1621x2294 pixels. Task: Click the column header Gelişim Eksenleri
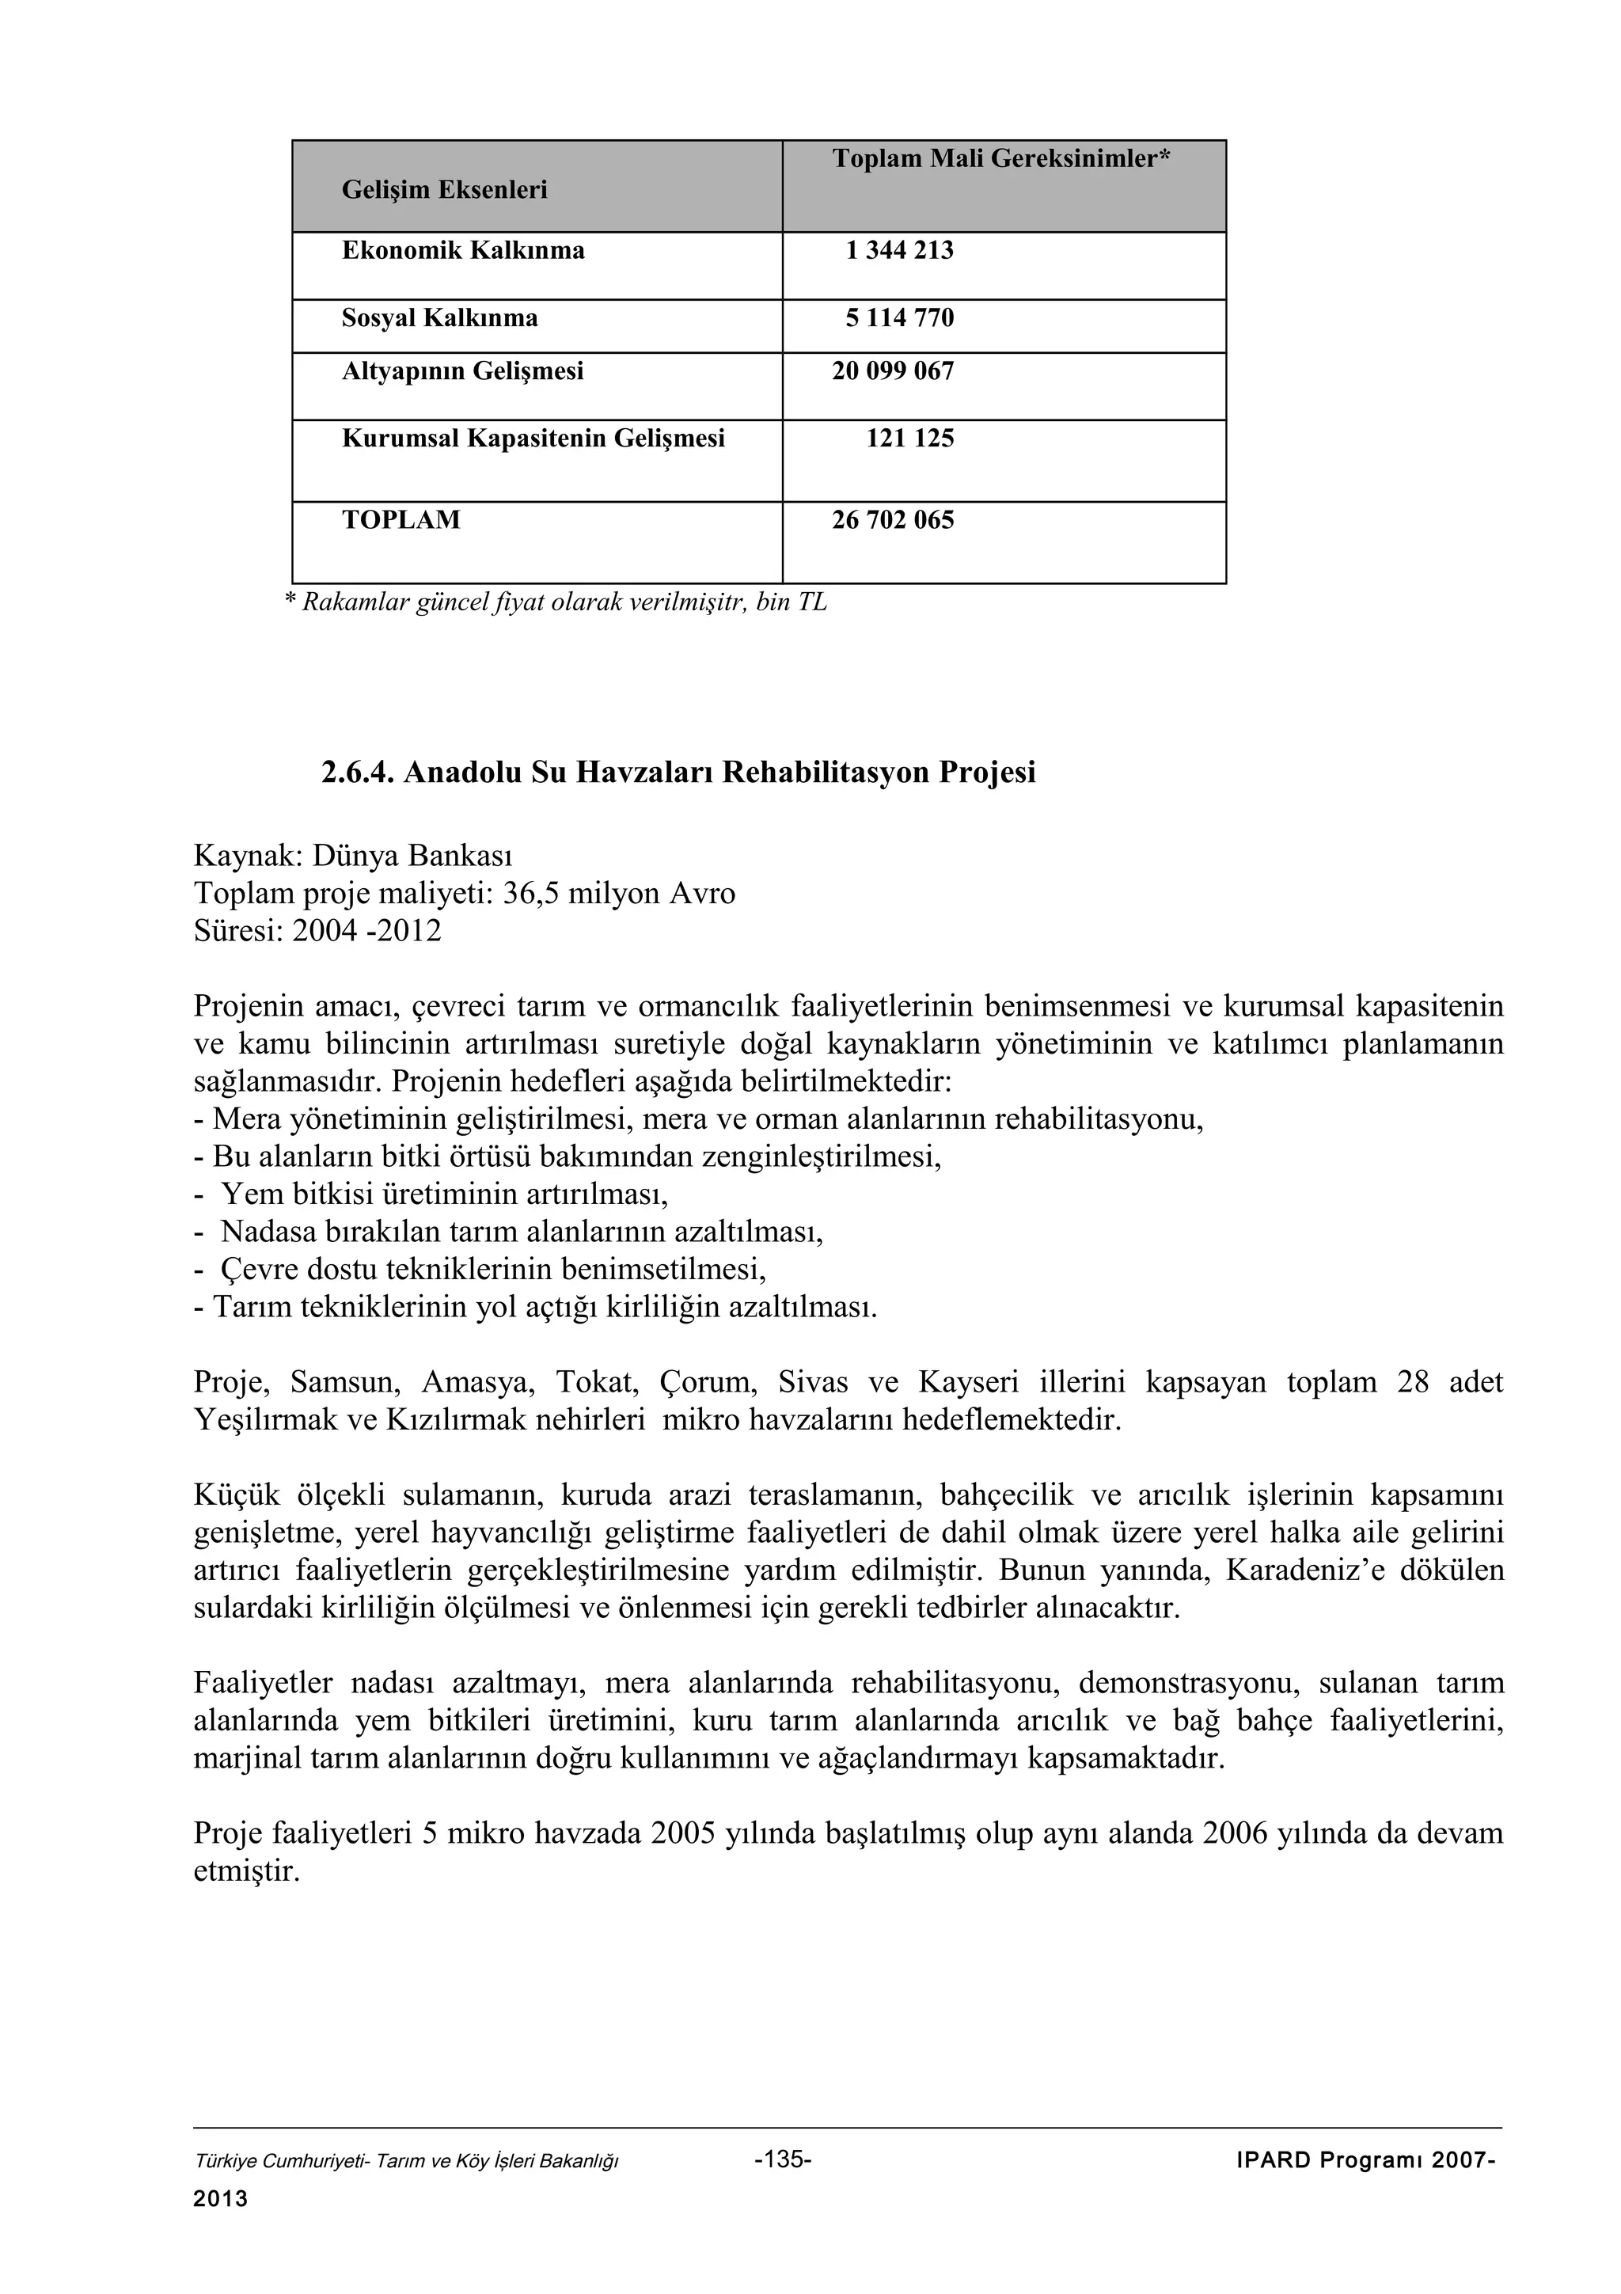point(445,190)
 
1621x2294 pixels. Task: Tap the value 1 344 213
point(899,250)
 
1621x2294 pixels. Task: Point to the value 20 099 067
point(893,372)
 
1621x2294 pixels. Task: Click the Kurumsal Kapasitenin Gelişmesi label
point(533,438)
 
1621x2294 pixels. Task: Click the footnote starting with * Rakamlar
point(556,602)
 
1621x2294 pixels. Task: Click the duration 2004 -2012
point(366,931)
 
